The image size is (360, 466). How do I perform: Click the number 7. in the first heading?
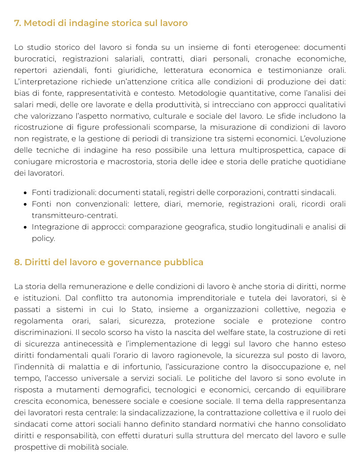18,23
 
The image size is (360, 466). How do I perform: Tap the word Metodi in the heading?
38,23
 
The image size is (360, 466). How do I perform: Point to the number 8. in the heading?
18,262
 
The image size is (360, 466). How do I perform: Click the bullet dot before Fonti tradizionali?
26,193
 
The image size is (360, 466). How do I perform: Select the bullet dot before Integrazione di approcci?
26,227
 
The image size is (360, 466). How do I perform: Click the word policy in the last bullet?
43,239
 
